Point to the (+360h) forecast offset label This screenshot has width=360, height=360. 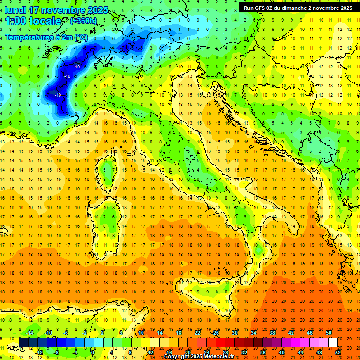click(83, 21)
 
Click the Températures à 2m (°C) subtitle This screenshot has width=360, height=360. click(46, 37)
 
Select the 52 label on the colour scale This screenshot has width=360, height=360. click(337, 352)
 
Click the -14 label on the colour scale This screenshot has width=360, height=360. click(30, 333)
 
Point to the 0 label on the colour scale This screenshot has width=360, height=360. click(93, 352)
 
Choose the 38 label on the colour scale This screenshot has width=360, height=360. click(272, 333)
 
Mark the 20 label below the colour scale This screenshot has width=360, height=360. click(187, 352)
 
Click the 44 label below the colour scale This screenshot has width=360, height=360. click(300, 352)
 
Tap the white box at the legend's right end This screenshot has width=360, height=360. click(333, 342)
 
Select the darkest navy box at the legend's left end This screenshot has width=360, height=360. click(23, 342)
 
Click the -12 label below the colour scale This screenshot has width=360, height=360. click(39, 352)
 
